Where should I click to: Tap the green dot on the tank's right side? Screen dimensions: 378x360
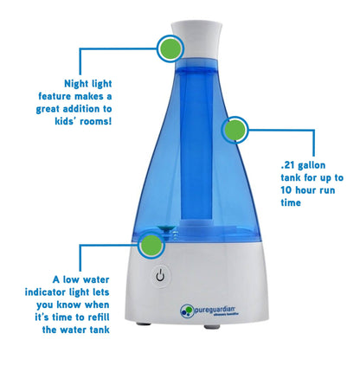coord(235,131)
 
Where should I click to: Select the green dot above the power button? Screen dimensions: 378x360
coord(152,245)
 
